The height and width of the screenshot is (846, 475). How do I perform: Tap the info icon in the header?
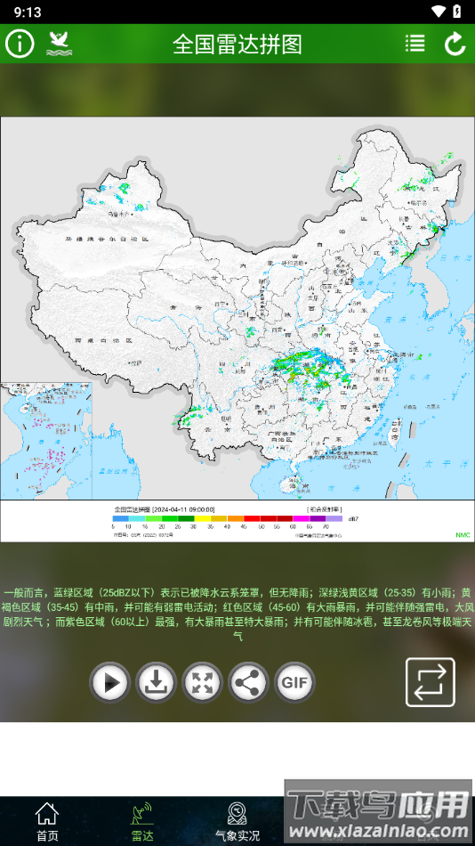(20, 44)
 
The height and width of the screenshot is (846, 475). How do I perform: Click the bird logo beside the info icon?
(59, 44)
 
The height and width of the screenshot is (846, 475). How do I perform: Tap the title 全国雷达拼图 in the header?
(237, 45)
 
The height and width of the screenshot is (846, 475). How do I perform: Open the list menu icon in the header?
(415, 44)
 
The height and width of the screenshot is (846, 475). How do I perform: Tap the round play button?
(110, 683)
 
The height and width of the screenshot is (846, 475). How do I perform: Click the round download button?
(157, 683)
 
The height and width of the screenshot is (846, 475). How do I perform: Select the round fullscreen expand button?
(203, 683)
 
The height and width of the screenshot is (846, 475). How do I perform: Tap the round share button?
(249, 683)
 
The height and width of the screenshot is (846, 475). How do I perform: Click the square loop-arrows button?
(431, 682)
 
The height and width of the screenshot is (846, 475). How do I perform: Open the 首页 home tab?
(47, 822)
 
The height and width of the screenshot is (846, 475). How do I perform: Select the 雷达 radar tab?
(142, 822)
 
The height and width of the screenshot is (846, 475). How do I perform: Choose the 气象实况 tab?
(237, 822)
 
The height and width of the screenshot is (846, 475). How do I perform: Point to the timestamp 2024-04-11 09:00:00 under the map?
(183, 509)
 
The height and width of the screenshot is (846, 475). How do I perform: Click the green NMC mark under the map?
(463, 535)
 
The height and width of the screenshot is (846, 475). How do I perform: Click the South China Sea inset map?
(46, 440)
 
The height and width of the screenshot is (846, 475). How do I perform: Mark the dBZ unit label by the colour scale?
(353, 518)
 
